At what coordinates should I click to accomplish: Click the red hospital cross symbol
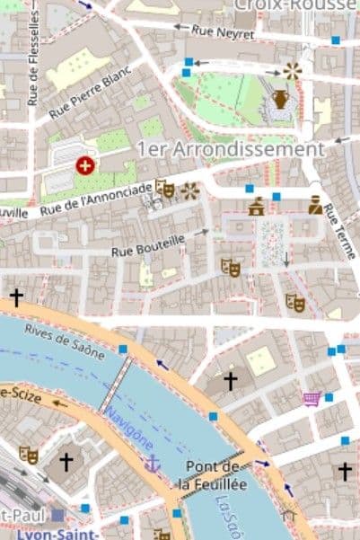(84, 165)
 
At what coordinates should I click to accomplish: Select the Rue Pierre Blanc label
(91, 95)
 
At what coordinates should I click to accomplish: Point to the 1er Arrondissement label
(230, 148)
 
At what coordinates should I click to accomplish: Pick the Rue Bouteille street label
(148, 244)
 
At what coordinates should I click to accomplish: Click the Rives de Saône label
(65, 341)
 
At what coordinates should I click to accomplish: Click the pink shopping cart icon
(311, 398)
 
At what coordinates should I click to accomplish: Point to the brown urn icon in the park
(280, 98)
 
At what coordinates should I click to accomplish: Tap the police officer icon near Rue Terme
(315, 205)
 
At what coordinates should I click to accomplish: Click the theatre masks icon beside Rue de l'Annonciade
(164, 188)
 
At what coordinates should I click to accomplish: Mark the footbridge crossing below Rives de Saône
(114, 385)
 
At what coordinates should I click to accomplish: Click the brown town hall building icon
(257, 207)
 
